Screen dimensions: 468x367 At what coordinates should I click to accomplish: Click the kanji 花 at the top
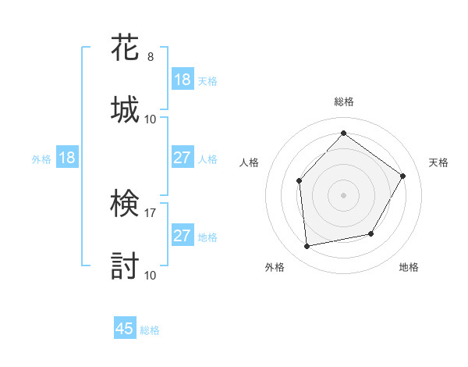125,48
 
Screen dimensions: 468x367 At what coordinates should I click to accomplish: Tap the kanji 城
125,109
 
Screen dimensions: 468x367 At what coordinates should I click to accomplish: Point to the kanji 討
125,265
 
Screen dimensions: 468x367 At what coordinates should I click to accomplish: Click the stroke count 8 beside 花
151,57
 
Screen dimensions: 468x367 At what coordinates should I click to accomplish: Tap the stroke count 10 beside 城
151,119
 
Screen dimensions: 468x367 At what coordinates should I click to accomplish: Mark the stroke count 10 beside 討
151,275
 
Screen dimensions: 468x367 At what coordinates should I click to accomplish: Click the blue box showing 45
125,329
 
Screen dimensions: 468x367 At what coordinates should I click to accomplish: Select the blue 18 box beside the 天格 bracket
183,80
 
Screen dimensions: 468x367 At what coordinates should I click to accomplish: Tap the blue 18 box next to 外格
67,158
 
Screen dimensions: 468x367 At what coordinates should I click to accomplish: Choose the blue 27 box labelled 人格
183,158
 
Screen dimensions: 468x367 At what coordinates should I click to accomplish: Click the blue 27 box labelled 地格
183,236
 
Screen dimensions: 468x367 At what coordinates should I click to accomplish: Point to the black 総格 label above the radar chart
344,102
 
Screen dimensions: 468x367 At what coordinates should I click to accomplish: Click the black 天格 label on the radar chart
438,162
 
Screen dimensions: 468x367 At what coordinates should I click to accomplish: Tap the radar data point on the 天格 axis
403,176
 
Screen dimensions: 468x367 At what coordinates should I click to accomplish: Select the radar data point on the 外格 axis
307,247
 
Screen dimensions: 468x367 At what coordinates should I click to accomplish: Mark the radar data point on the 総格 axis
343,133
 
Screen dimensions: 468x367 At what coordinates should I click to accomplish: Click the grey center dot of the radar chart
343,194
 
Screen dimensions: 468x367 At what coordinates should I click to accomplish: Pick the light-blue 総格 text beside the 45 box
150,330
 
